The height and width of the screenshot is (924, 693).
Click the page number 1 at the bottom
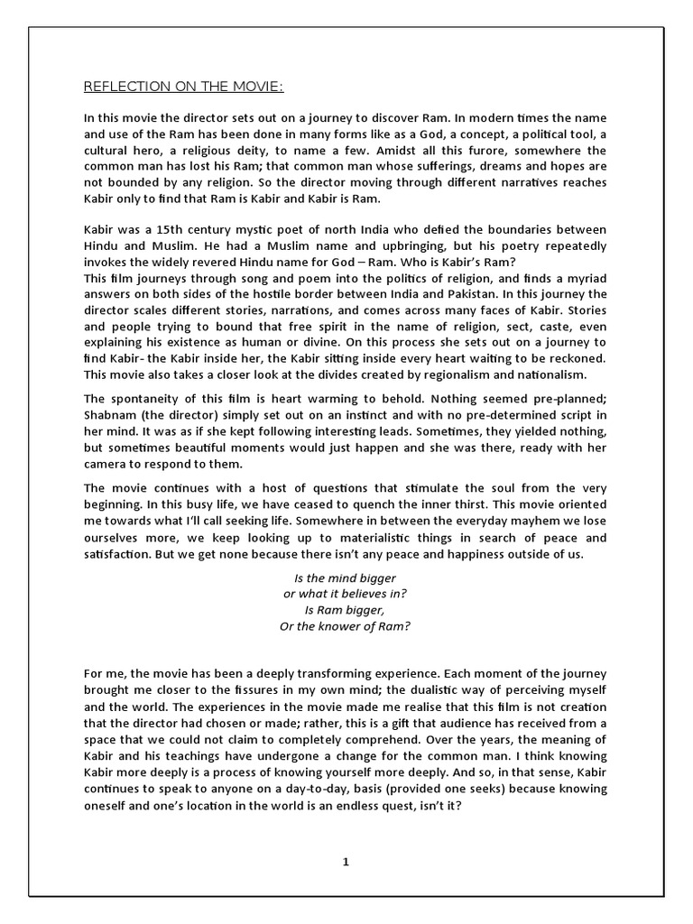point(346,862)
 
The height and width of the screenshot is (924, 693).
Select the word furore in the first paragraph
point(457,151)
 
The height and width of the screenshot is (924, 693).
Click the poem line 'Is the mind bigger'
point(346,577)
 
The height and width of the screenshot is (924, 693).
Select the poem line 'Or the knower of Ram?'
point(346,626)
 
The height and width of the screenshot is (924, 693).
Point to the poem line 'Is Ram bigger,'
point(346,610)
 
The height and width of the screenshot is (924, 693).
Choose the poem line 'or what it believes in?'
point(346,594)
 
